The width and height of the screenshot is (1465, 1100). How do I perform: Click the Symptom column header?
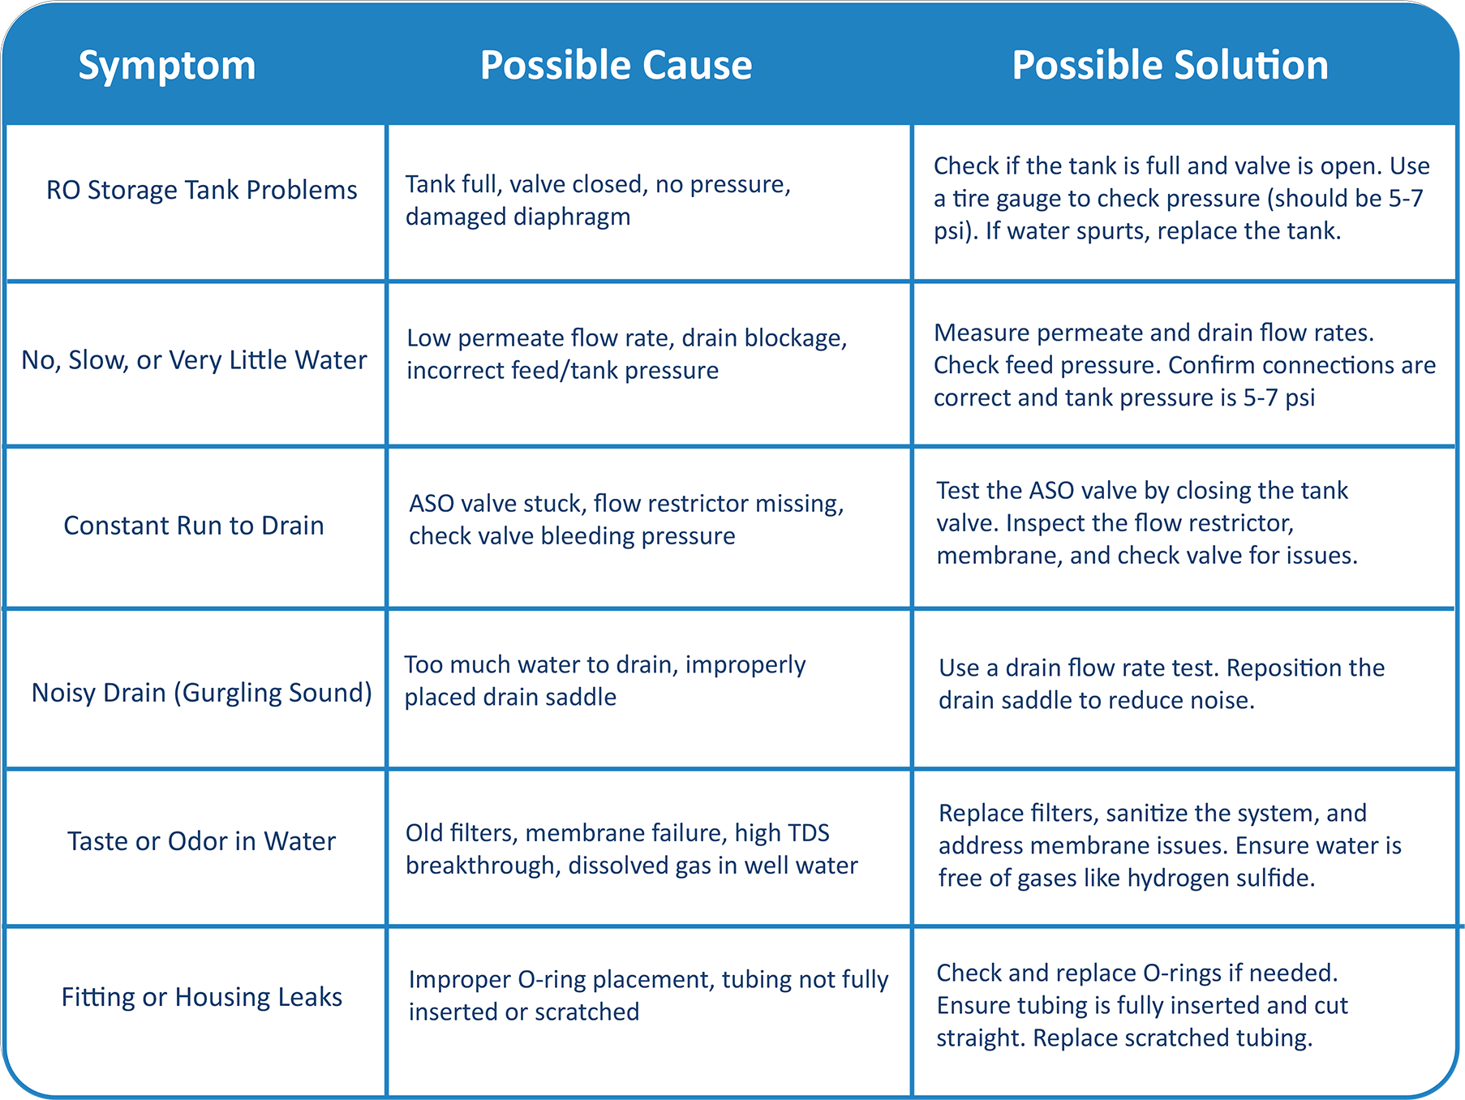point(167,67)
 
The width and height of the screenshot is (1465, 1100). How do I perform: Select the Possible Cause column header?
point(616,65)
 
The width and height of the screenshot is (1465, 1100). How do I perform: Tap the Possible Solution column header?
point(1170,65)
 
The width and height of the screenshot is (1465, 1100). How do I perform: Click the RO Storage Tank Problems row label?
point(201,191)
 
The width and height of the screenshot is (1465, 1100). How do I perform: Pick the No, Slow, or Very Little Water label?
point(194,360)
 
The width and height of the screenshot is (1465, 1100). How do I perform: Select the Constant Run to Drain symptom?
point(194,526)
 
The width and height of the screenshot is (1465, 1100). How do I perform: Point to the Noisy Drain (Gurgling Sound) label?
point(201,693)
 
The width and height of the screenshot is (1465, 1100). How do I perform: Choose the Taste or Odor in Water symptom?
point(201,841)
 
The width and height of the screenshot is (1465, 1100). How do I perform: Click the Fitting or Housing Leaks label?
point(202,997)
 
